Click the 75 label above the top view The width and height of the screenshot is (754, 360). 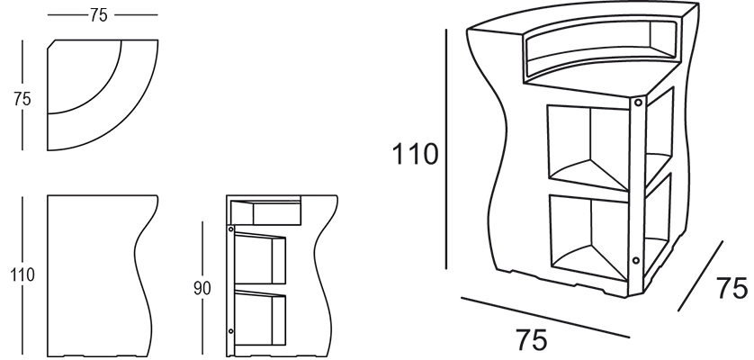pyautogui.click(x=99, y=15)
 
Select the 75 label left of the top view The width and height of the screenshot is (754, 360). pyautogui.click(x=22, y=99)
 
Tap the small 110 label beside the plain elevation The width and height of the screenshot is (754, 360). pyautogui.click(x=22, y=275)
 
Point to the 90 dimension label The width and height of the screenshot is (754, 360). pyautogui.click(x=202, y=288)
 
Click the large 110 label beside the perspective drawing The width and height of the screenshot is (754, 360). pyautogui.click(x=416, y=154)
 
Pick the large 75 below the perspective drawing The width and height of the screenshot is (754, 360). pyautogui.click(x=532, y=340)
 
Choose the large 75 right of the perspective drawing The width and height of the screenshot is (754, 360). pyautogui.click(x=732, y=288)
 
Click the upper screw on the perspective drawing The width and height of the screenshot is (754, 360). pyautogui.click(x=638, y=103)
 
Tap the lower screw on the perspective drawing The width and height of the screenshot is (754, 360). pyautogui.click(x=636, y=260)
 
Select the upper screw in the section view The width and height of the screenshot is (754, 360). pyautogui.click(x=231, y=228)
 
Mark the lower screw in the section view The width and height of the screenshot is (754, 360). pyautogui.click(x=231, y=331)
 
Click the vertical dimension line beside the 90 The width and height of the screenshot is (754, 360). pyautogui.click(x=202, y=288)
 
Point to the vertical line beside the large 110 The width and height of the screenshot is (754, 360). pyautogui.click(x=446, y=148)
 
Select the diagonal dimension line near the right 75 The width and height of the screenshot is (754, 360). pyautogui.click(x=700, y=275)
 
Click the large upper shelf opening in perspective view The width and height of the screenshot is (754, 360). pyautogui.click(x=588, y=148)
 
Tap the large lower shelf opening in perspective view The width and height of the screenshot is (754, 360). pyautogui.click(x=589, y=238)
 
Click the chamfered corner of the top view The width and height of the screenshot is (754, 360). pyautogui.click(x=51, y=44)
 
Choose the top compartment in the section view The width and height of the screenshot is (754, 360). pyautogui.click(x=265, y=212)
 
